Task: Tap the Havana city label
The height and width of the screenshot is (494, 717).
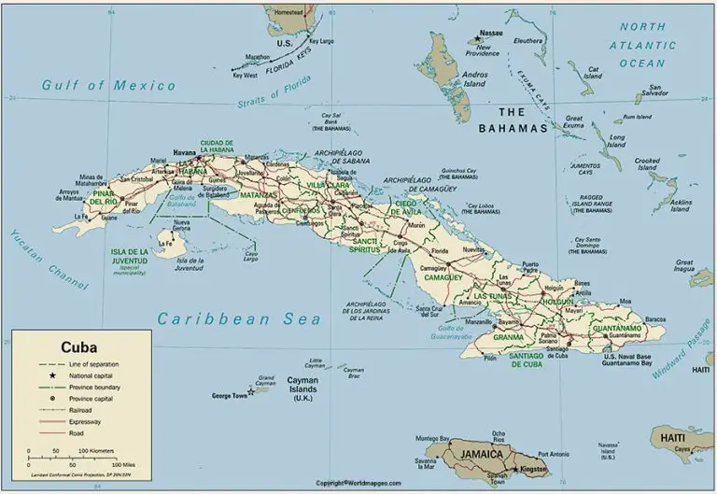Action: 185,152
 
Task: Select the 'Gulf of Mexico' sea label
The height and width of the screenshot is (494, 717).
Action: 108,86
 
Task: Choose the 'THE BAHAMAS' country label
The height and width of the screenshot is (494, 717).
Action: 512,120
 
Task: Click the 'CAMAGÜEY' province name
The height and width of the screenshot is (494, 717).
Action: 443,277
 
